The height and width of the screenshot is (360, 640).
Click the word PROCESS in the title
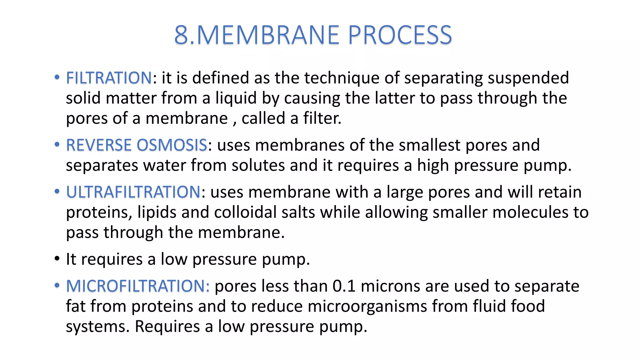[400, 35]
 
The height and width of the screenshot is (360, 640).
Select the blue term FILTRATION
[109, 78]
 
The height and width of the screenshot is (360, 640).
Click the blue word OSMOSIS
[172, 145]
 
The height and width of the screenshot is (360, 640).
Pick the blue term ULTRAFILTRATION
[133, 192]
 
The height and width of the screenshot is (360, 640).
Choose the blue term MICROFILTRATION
[137, 286]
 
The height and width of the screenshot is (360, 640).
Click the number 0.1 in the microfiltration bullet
[344, 286]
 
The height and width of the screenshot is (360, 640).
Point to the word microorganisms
[367, 306]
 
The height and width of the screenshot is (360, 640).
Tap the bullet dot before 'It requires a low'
[57, 259]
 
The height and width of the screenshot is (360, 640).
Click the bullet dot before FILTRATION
[57, 77]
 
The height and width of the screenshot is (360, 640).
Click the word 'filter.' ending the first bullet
[322, 118]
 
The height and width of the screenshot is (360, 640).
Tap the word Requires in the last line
[167, 326]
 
